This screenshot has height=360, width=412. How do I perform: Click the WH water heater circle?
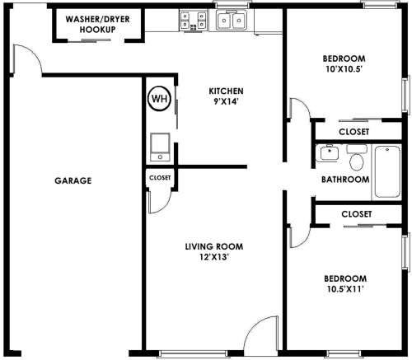coord(159,98)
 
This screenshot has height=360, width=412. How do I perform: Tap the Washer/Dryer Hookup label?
coord(97,24)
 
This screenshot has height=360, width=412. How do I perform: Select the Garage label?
coord(73,180)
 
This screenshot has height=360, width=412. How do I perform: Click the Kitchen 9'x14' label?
coord(226,96)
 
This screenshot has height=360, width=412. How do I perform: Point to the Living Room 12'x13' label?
coord(214,251)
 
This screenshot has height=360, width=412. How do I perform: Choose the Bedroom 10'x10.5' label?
coord(344,63)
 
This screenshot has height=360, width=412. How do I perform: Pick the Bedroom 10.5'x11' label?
coord(345,283)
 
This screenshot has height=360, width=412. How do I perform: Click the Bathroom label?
coord(345,180)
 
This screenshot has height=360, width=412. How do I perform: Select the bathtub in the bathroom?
coord(387,171)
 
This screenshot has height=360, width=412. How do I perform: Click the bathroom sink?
coord(329,152)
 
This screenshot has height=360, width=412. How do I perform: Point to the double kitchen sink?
coord(232,20)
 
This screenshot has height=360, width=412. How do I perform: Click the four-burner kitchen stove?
coord(194,21)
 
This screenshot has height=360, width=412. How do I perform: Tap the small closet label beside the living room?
coord(160,178)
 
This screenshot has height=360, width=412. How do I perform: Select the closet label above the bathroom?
coord(353,132)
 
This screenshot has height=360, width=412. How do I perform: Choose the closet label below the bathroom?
coord(357,214)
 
